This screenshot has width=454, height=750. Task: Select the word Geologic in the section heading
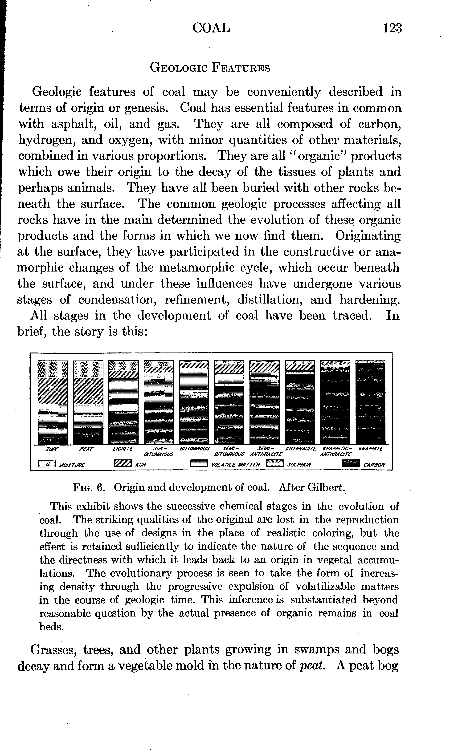[178, 68]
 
